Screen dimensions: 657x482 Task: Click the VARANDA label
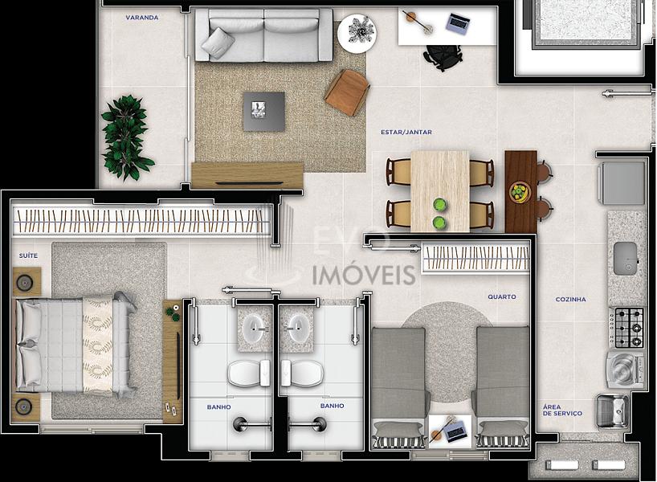pyautogui.click(x=142, y=18)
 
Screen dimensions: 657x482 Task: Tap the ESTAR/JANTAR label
pyautogui.click(x=406, y=132)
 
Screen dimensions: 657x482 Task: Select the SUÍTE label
pyautogui.click(x=28, y=255)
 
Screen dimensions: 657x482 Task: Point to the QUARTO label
pyautogui.click(x=501, y=296)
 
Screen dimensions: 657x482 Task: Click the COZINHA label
pyautogui.click(x=570, y=300)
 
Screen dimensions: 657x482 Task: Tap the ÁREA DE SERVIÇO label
pyautogui.click(x=562, y=410)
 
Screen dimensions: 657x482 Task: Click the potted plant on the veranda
pyautogui.click(x=127, y=137)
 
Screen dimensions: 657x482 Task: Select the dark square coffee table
pyautogui.click(x=264, y=111)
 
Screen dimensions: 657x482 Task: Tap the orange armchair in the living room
pyautogui.click(x=346, y=92)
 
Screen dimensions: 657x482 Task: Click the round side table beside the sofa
pyautogui.click(x=357, y=33)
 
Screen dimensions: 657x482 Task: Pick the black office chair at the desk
pyautogui.click(x=442, y=56)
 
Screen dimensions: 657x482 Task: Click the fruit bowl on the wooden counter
pyautogui.click(x=520, y=192)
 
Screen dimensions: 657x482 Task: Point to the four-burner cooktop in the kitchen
pyautogui.click(x=626, y=327)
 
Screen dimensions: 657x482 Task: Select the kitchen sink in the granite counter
pyautogui.click(x=625, y=259)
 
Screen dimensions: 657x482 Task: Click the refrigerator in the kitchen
pyautogui.click(x=622, y=183)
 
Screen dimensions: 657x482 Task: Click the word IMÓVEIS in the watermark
pyautogui.click(x=364, y=275)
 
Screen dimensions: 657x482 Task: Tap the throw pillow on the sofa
pyautogui.click(x=218, y=43)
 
